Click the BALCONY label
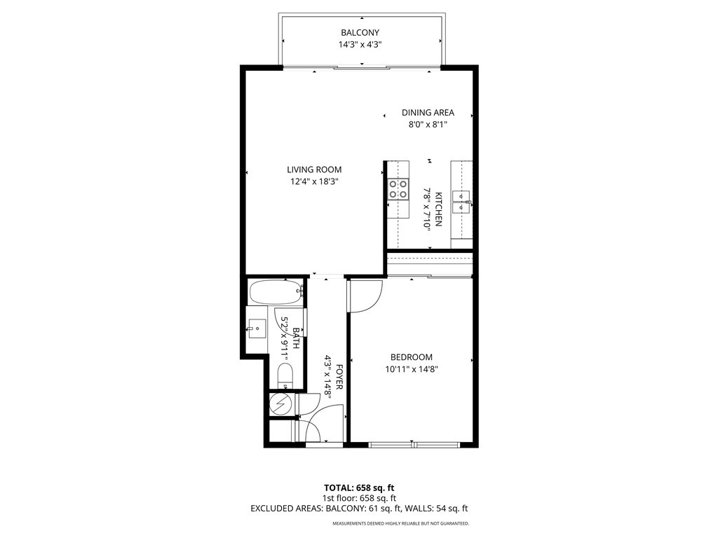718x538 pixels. pos(360,32)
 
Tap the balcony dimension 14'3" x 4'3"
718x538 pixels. pos(360,45)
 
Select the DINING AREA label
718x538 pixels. pos(428,112)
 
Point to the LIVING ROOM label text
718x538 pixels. pos(314,170)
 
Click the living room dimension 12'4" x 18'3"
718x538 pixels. pos(314,181)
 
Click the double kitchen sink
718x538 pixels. pos(462,201)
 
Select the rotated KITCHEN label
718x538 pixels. pos(438,209)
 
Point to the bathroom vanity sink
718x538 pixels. pos(257,326)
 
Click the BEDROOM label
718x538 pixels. pos(412,357)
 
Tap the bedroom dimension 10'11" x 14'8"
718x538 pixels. pos(412,369)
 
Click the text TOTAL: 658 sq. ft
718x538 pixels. pos(359,487)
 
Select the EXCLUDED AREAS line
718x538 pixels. pos(359,509)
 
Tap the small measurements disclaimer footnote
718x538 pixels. pos(400,523)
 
